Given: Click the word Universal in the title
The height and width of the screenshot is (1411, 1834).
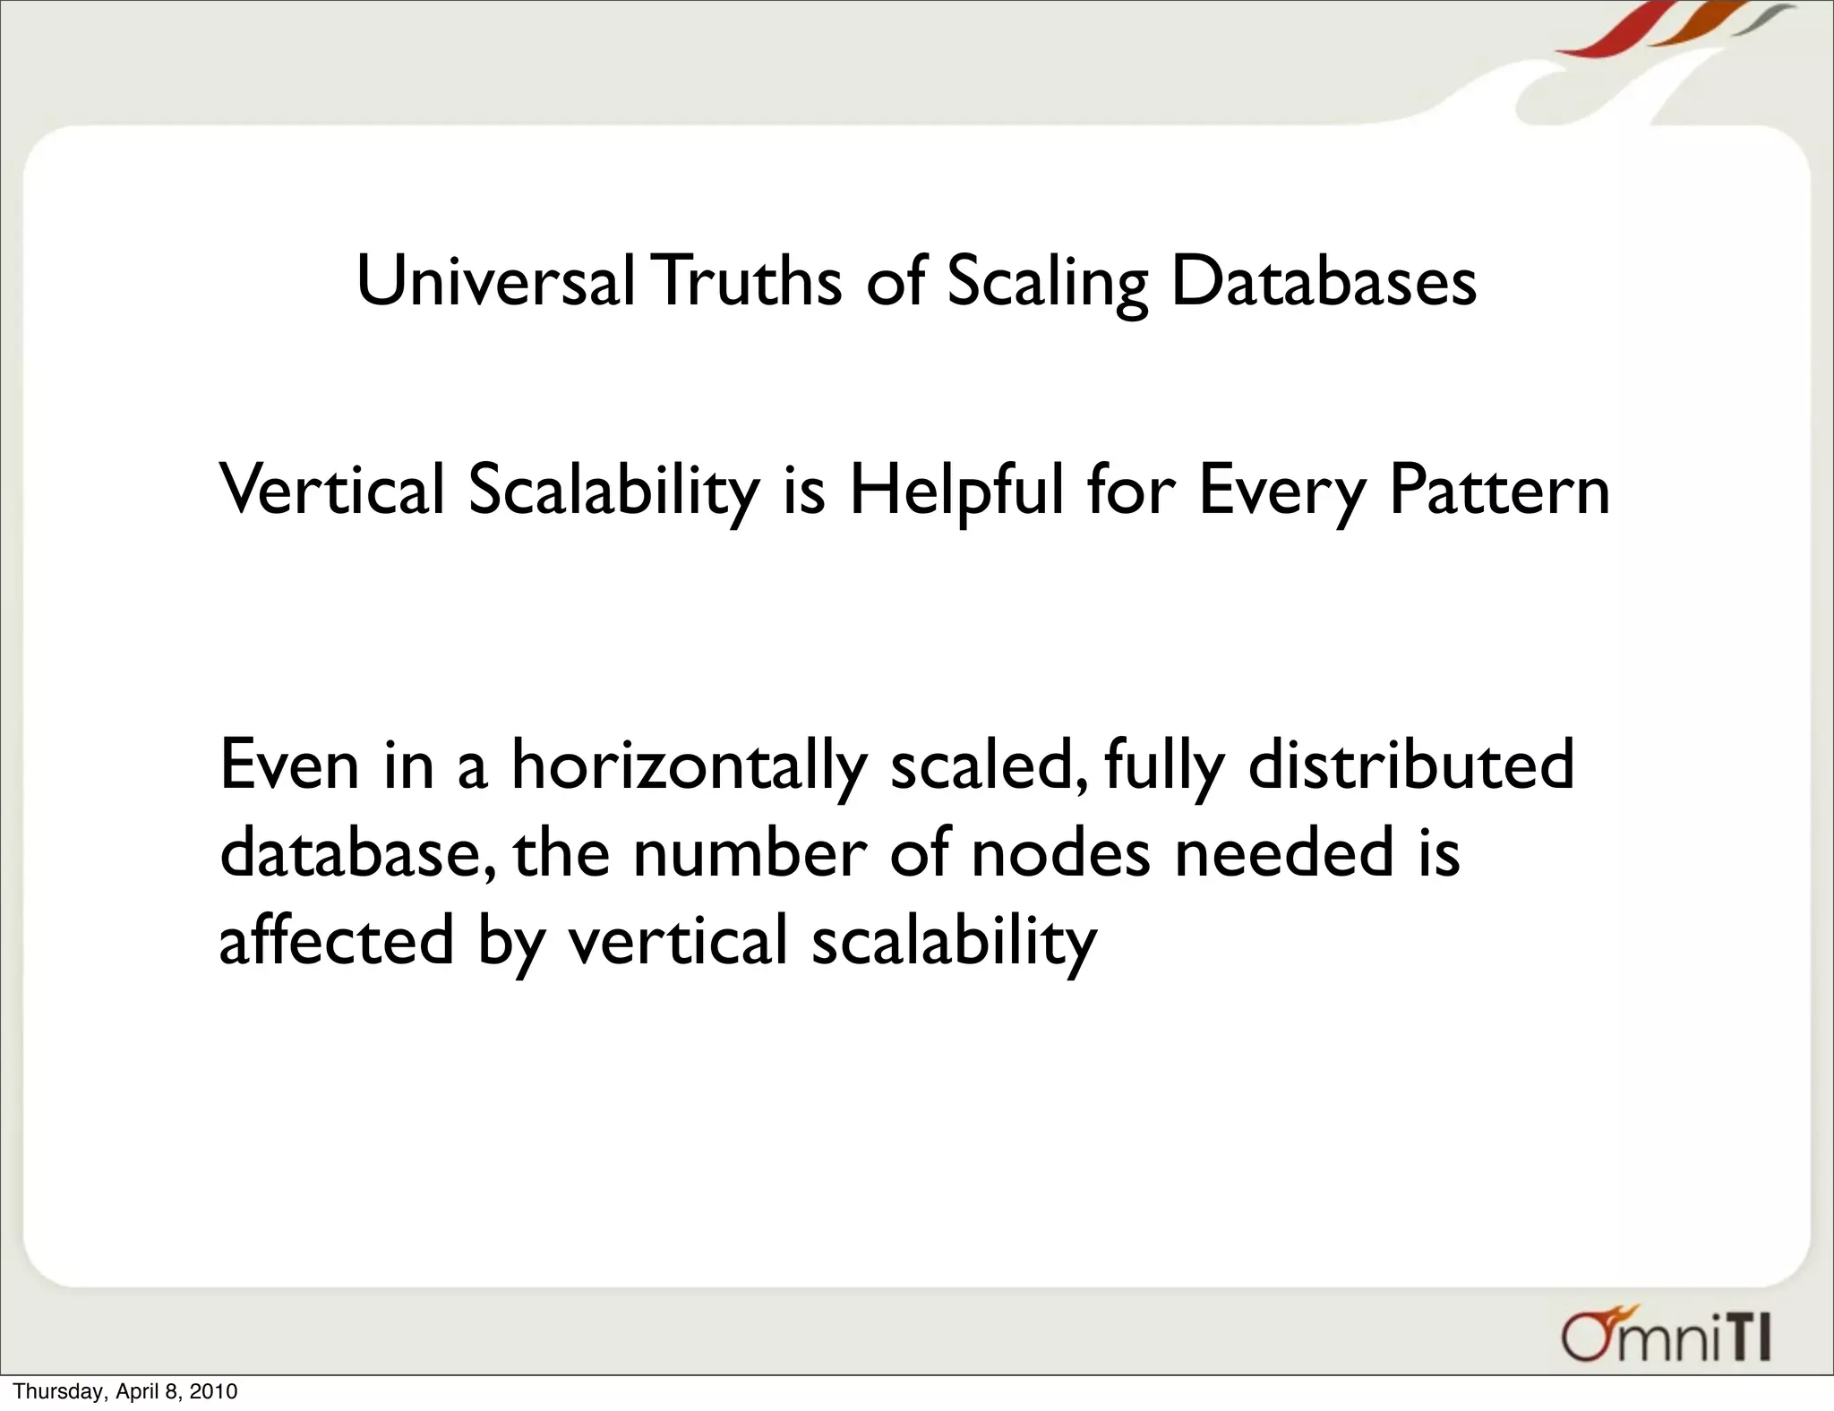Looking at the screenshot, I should [495, 281].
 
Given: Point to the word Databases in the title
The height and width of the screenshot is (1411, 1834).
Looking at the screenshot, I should [1324, 281].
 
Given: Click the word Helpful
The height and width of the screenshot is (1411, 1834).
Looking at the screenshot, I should [956, 492].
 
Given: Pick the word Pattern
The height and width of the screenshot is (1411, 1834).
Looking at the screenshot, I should [1499, 492].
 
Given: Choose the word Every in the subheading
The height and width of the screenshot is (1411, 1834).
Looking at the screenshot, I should [1281, 492].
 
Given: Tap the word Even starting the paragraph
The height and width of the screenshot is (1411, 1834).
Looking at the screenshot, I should [289, 765].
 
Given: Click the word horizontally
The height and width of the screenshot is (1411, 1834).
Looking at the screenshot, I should [689, 766].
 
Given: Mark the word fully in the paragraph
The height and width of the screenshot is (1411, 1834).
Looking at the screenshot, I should [1163, 766].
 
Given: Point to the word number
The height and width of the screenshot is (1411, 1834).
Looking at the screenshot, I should [750, 852].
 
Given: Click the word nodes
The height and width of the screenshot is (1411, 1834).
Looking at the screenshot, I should [1060, 852].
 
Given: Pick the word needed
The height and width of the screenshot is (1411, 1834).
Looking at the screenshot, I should [1284, 852].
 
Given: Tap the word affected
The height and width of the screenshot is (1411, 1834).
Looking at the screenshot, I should [337, 940].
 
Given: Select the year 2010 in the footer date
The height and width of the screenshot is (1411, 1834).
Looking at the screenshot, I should [216, 1391].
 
